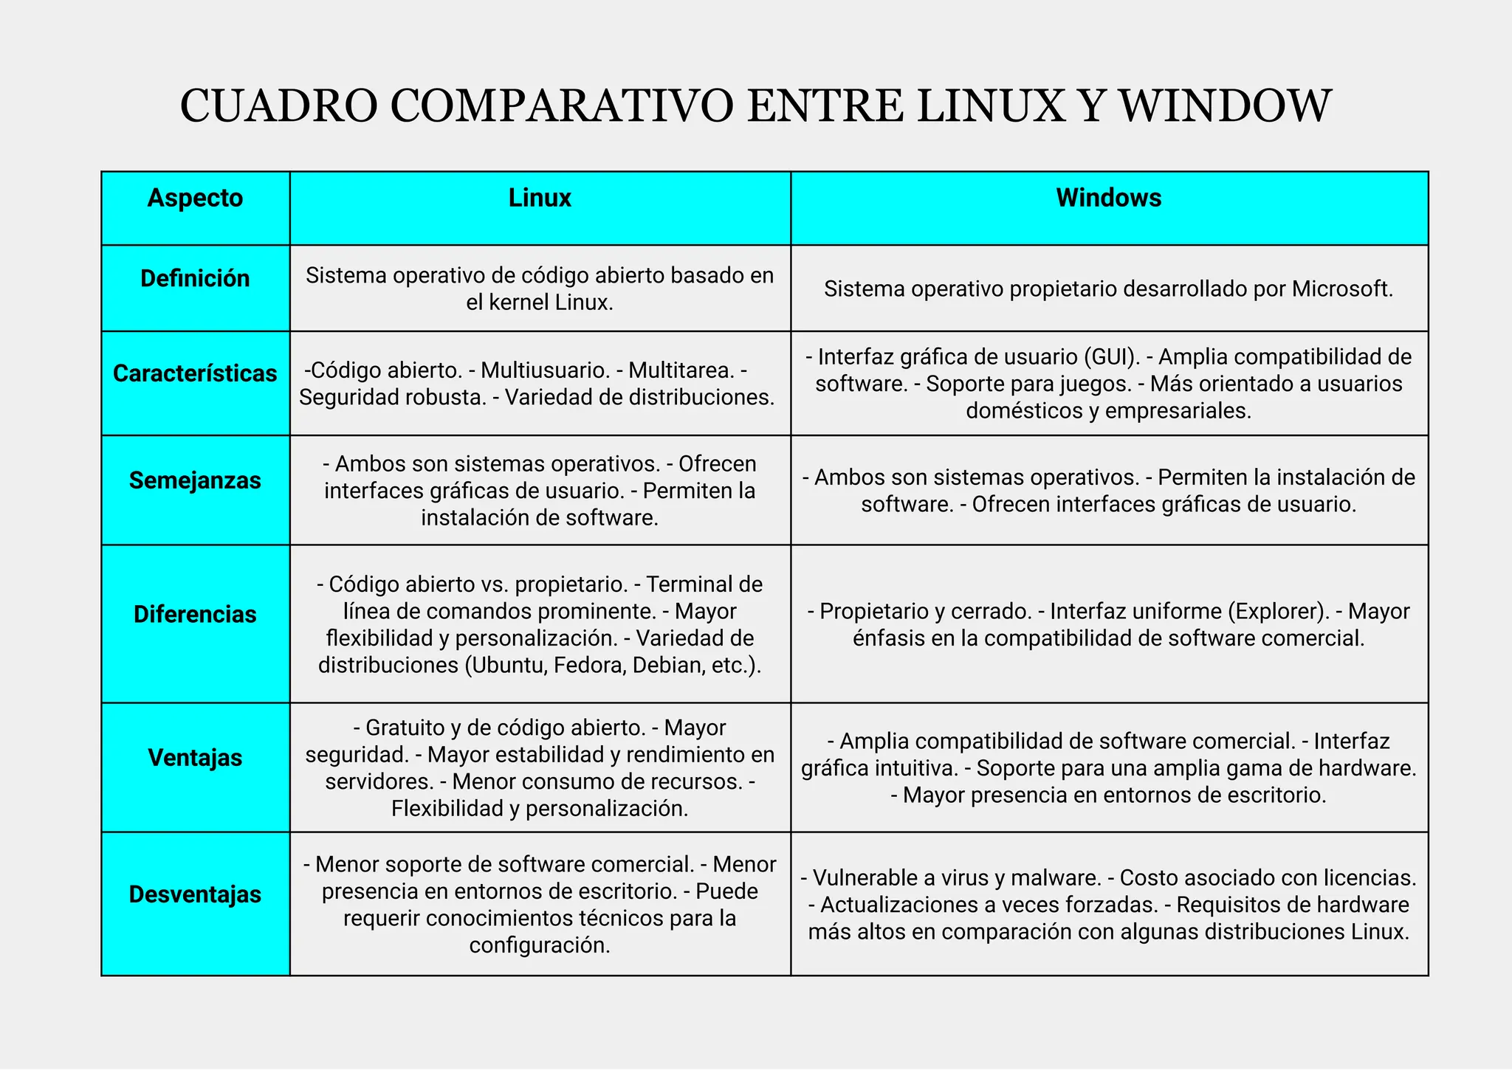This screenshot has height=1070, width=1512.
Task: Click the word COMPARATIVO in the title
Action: [561, 106]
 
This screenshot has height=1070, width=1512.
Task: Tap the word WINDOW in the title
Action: [1226, 106]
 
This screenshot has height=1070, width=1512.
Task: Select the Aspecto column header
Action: [195, 198]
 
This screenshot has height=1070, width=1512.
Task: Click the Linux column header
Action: [540, 198]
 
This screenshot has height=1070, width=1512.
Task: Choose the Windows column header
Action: [1108, 198]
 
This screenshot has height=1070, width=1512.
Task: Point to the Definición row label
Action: [195, 278]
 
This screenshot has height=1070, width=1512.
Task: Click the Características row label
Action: [195, 373]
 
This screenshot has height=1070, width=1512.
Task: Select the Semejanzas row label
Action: [195, 480]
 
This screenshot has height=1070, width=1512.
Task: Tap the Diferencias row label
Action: [195, 614]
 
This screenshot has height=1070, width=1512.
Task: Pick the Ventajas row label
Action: [195, 758]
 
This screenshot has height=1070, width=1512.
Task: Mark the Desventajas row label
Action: [195, 894]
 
